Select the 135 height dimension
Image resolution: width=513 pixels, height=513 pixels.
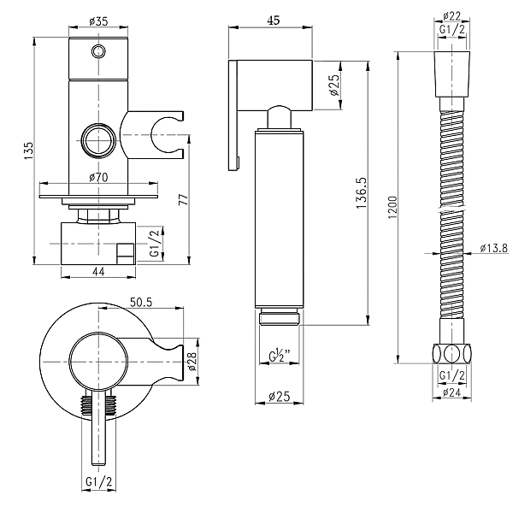tap(29, 150)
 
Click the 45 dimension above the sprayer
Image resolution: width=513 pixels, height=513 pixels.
tap(274, 21)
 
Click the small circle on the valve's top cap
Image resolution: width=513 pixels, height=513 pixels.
tap(97, 52)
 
